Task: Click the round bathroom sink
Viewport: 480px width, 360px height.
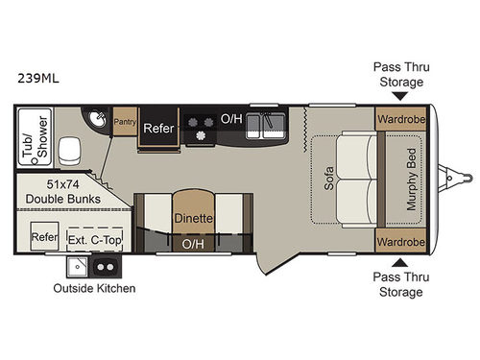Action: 99,120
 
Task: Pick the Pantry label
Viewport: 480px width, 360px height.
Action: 125,122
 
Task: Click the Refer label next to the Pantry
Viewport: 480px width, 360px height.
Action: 156,128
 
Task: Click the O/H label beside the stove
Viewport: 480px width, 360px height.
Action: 231,120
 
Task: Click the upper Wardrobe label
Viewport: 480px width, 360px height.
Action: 400,122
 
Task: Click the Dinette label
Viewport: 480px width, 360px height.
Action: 193,218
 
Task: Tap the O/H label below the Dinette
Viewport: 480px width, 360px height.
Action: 193,244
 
